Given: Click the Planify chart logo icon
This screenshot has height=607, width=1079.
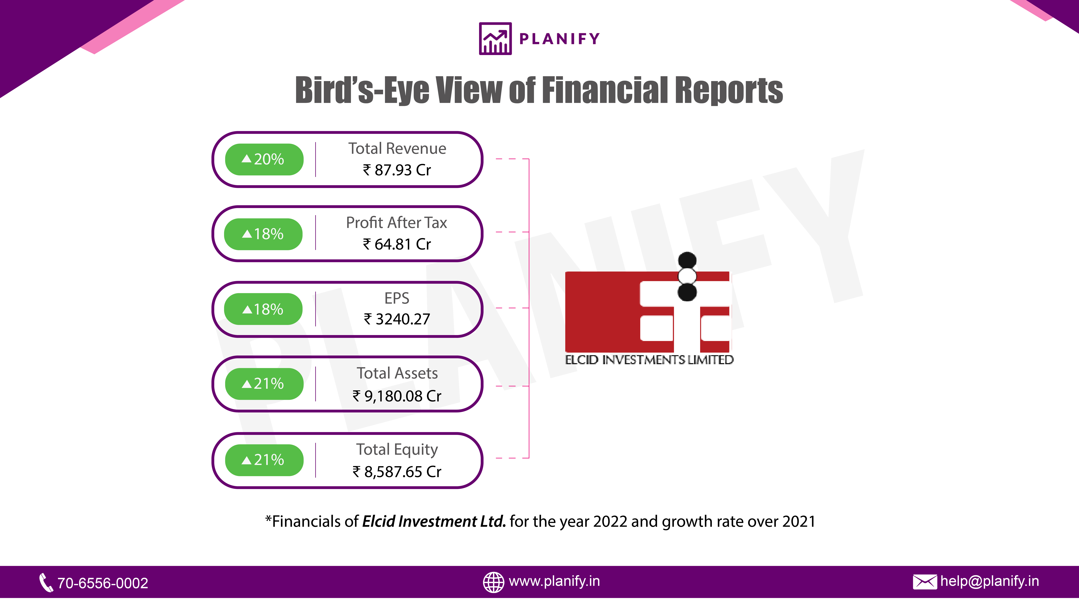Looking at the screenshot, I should (495, 39).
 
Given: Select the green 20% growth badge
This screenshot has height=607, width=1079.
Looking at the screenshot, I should (264, 159).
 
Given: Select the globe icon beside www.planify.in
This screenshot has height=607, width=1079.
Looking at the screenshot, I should (493, 582).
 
